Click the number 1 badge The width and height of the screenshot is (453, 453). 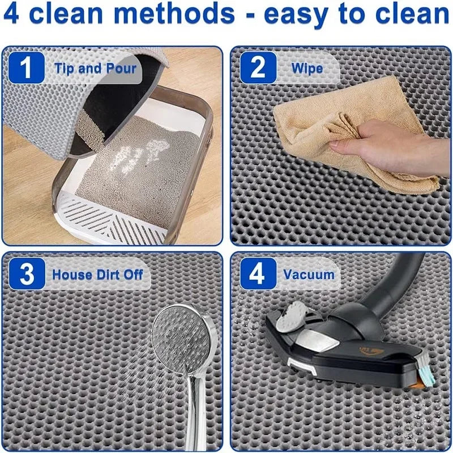[27, 69]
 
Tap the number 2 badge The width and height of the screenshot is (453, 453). [258, 69]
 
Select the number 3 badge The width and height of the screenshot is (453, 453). [27, 275]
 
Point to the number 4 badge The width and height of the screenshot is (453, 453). [258, 275]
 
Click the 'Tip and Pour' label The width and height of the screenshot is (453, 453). [95, 69]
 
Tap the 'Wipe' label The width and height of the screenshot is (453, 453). [307, 69]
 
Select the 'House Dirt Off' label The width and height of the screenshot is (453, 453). [97, 275]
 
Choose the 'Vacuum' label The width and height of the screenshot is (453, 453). [309, 275]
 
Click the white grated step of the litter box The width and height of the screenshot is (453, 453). [113, 212]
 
